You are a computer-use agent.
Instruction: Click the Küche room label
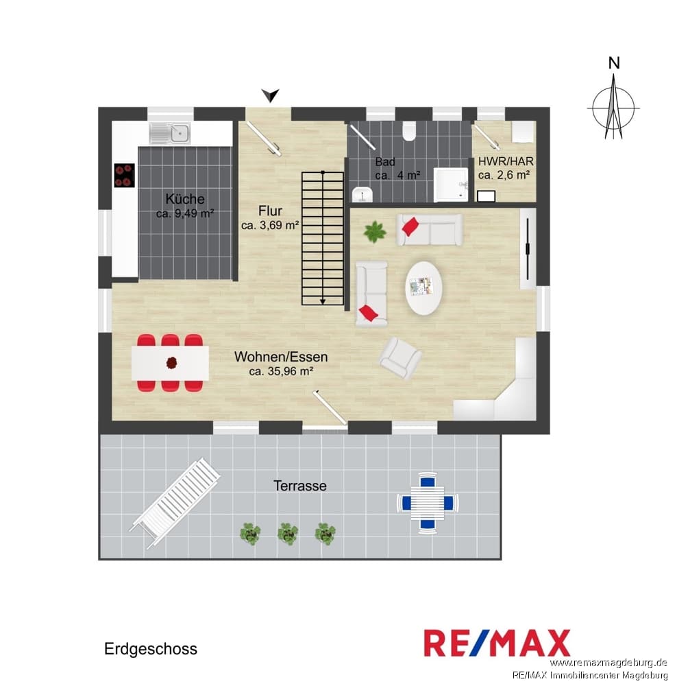click(x=185, y=199)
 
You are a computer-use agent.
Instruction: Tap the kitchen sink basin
click(x=180, y=132)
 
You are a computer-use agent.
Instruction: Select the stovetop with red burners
click(x=124, y=175)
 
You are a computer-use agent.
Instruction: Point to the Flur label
click(x=270, y=211)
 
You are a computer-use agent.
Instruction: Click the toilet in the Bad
click(x=409, y=130)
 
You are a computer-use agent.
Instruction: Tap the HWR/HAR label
click(x=506, y=161)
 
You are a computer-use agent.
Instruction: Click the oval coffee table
click(x=423, y=288)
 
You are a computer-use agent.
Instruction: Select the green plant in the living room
click(x=375, y=232)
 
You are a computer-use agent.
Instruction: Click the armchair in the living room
click(x=400, y=357)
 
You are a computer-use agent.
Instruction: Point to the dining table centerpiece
click(x=172, y=363)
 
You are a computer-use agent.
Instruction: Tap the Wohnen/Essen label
click(x=281, y=357)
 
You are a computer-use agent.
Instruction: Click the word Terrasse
click(x=300, y=486)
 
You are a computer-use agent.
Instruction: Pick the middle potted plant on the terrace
click(x=288, y=534)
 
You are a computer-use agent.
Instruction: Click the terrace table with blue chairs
click(x=428, y=502)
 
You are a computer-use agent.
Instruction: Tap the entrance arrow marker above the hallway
click(x=270, y=95)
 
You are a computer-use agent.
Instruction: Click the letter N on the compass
click(x=614, y=63)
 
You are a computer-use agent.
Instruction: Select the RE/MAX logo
click(x=497, y=643)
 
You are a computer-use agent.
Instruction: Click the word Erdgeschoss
click(x=151, y=649)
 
